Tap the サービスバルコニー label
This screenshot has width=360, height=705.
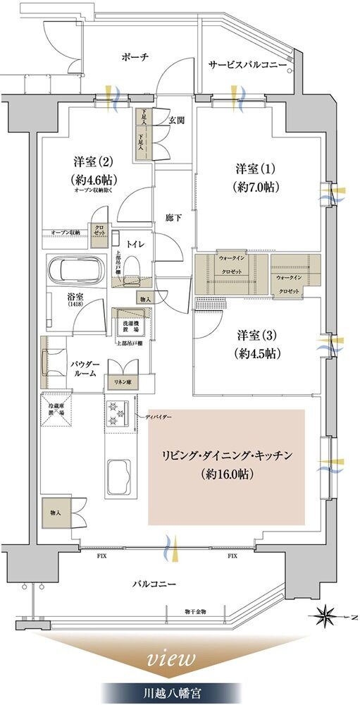click(x=247, y=65)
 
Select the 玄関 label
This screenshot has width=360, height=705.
click(x=176, y=121)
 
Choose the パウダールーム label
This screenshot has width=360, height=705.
click(x=85, y=368)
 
